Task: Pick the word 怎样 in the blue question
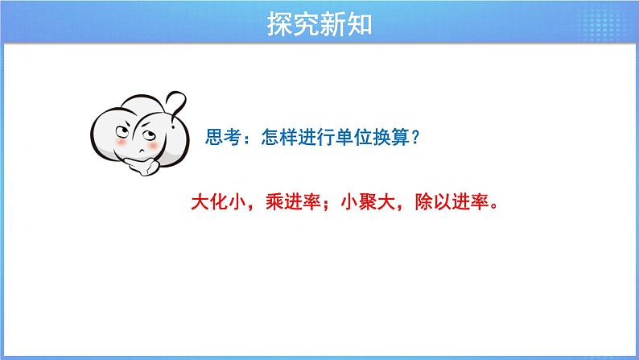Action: point(273,139)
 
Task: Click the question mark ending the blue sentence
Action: point(414,139)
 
